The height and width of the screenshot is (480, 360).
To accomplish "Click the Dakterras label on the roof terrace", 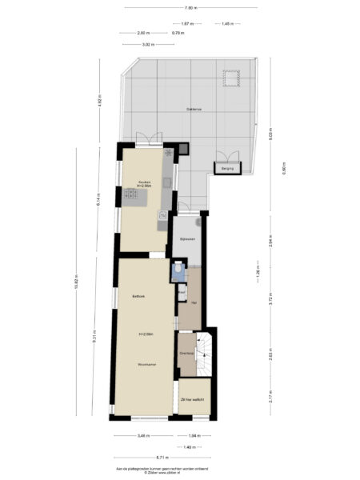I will point(194,110).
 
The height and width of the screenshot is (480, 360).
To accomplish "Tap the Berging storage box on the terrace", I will point(227,169).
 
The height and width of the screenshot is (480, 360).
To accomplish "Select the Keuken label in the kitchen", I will point(145,182).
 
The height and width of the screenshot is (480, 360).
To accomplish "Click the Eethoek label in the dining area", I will point(138,297).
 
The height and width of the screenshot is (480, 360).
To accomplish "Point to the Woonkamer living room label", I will point(145,364).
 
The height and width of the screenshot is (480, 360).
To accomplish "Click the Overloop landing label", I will point(186,353).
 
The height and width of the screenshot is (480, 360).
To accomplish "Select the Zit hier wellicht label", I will point(193,398).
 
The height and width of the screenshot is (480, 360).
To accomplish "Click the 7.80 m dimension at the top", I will point(190,7).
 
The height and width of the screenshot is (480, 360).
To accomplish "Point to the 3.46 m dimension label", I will point(142,436).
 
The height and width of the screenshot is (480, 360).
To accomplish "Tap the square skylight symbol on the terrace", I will point(231,78).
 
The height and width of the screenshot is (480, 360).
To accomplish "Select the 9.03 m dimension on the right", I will point(271,136).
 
